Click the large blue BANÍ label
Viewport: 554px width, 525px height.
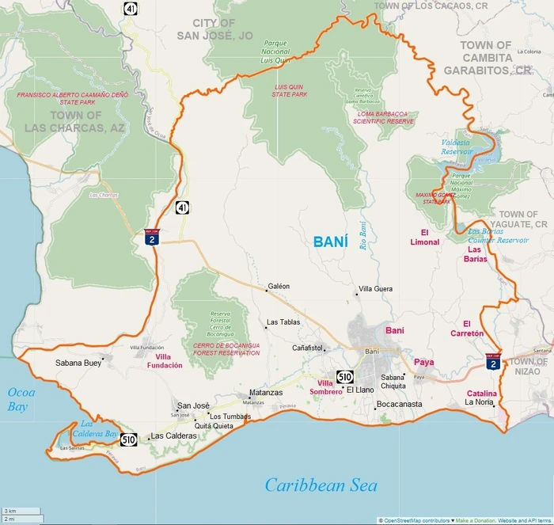pyautogui.click(x=330, y=242)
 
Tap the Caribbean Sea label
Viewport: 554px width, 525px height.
pyautogui.click(x=321, y=485)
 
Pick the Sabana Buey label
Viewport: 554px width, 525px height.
pyautogui.click(x=77, y=363)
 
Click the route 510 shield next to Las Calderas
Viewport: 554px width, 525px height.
pyautogui.click(x=129, y=439)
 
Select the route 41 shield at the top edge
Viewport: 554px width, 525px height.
pyautogui.click(x=129, y=8)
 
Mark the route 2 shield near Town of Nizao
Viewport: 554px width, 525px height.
pyautogui.click(x=492, y=362)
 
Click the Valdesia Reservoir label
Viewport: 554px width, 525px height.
pyautogui.click(x=457, y=146)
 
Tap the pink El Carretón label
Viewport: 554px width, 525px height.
pyautogui.click(x=472, y=328)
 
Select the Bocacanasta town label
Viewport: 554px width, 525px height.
pyautogui.click(x=400, y=405)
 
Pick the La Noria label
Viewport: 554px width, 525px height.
pyautogui.click(x=479, y=402)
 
